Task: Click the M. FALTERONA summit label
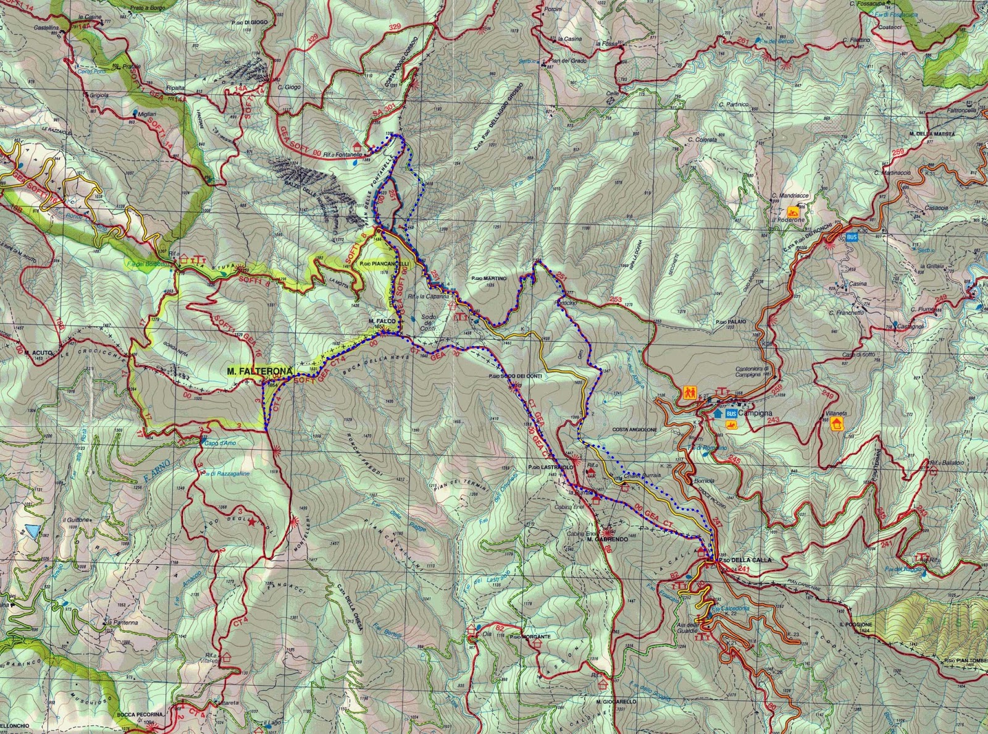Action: tap(258, 371)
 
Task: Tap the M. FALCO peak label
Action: tap(381, 321)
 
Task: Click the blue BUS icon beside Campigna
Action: tap(731, 413)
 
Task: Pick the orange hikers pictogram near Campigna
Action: tap(689, 392)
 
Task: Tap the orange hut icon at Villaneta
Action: tap(837, 423)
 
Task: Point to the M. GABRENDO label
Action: tap(607, 539)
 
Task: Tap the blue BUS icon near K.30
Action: tap(852, 237)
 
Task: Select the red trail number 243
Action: tap(772, 420)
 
